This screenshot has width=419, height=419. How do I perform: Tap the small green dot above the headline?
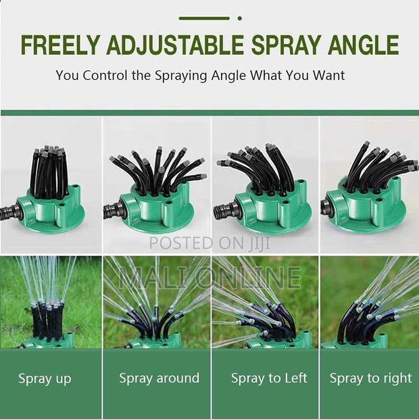[240, 18]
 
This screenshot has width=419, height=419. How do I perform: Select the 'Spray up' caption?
[45, 378]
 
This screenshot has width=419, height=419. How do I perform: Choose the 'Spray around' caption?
[159, 378]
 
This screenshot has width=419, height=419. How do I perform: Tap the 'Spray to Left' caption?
[269, 378]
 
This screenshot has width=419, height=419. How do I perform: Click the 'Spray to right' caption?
[370, 378]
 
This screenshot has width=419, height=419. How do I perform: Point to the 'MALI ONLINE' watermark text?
[209, 276]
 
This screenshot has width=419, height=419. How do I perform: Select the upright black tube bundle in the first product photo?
[47, 172]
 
